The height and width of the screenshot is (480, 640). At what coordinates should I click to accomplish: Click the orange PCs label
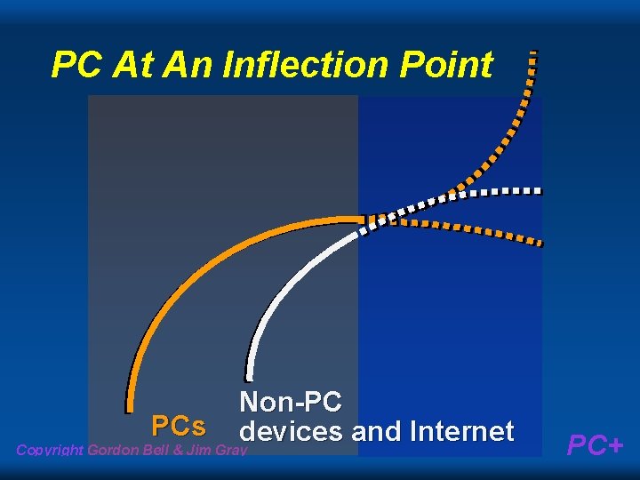click(179, 425)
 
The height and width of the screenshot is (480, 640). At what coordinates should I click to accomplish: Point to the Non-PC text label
click(290, 402)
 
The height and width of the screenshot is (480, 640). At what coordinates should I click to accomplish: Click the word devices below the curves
click(292, 432)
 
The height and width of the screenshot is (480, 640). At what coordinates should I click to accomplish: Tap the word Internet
click(461, 432)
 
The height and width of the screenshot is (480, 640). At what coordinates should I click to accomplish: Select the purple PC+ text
click(596, 444)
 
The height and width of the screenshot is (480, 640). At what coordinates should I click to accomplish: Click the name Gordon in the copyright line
click(113, 450)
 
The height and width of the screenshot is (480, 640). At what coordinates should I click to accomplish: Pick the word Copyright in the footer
click(50, 450)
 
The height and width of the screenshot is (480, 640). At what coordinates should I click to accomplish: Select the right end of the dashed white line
click(538, 191)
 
